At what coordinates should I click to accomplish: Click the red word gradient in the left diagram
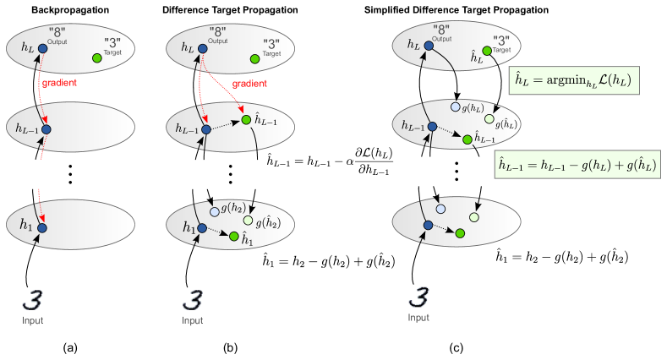point(59,83)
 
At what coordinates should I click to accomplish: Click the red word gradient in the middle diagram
point(249,84)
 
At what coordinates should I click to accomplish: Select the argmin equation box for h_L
point(574,80)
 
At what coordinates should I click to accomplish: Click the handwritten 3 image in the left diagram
point(33,301)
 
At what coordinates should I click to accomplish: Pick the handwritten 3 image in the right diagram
point(418,297)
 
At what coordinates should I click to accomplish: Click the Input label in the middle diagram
point(193,320)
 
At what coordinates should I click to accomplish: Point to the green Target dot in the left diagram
point(97,58)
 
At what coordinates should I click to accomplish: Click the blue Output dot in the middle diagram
point(202,49)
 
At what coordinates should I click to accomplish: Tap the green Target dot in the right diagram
point(487,51)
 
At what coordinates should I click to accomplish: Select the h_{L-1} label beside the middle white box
point(278,162)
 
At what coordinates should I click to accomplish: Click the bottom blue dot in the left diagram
point(42,228)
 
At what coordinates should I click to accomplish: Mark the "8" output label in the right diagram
point(440,29)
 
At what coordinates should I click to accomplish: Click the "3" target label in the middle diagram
point(271,43)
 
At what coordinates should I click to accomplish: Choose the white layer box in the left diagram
point(76,174)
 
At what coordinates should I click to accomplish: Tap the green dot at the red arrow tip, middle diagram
point(246,120)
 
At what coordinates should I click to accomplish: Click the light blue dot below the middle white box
point(215,212)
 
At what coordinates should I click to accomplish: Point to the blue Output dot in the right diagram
point(429,46)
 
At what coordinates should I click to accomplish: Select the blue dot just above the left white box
point(46,129)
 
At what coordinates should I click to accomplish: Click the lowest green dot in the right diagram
point(460,233)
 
